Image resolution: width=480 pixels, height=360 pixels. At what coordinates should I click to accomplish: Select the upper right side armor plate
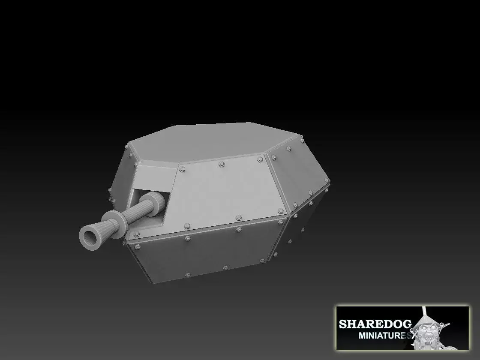(x=300, y=171)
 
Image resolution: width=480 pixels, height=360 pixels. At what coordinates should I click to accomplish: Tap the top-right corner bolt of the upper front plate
(x=259, y=159)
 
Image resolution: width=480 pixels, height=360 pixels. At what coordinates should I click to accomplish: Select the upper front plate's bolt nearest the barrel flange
(x=137, y=234)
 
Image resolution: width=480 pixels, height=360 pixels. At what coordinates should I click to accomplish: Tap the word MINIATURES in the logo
(x=384, y=336)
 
